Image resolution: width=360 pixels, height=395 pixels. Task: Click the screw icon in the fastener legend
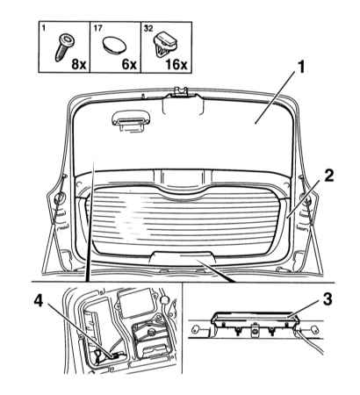coord(65,47)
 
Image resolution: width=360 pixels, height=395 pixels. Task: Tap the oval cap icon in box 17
coord(115,45)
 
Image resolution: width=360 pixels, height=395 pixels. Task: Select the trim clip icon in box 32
coord(165,45)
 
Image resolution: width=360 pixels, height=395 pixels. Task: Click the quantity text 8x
coord(79,64)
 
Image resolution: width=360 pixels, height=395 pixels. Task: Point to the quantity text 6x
coord(129,64)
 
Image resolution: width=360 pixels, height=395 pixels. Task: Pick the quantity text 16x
coord(176,64)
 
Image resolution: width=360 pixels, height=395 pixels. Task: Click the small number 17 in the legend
coord(98,28)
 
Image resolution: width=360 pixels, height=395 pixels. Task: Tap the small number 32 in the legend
coord(148,28)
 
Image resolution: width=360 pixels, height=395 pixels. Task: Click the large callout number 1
coord(301,68)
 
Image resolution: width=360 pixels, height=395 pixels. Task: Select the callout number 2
coord(328,176)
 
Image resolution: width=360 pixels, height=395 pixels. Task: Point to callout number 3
coord(328,299)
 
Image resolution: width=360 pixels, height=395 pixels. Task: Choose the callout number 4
coord(39,301)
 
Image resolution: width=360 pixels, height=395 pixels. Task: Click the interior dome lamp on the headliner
coord(132,122)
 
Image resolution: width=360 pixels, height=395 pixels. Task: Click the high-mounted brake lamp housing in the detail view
coord(255,320)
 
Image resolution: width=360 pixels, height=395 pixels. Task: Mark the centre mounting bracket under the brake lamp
coord(256,330)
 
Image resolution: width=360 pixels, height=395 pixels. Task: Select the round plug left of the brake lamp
coord(196,329)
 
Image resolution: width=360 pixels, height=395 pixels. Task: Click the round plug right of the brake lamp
coord(313,329)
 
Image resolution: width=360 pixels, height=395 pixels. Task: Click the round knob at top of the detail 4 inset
coord(165,299)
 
